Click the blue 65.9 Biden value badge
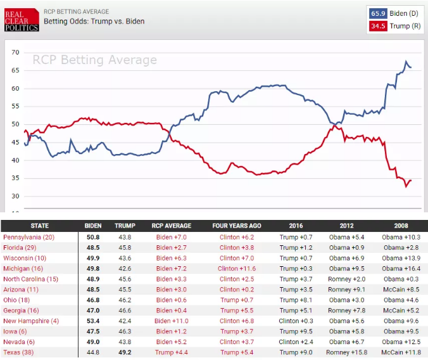click(379, 13)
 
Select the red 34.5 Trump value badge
click(379, 26)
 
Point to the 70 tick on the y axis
click(15, 53)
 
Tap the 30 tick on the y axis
click(15, 196)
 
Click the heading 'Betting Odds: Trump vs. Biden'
click(94, 22)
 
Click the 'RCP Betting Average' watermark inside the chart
click(95, 60)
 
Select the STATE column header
click(39, 226)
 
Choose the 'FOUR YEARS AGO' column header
click(237, 226)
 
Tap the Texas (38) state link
click(20, 352)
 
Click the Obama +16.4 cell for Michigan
click(401, 269)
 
